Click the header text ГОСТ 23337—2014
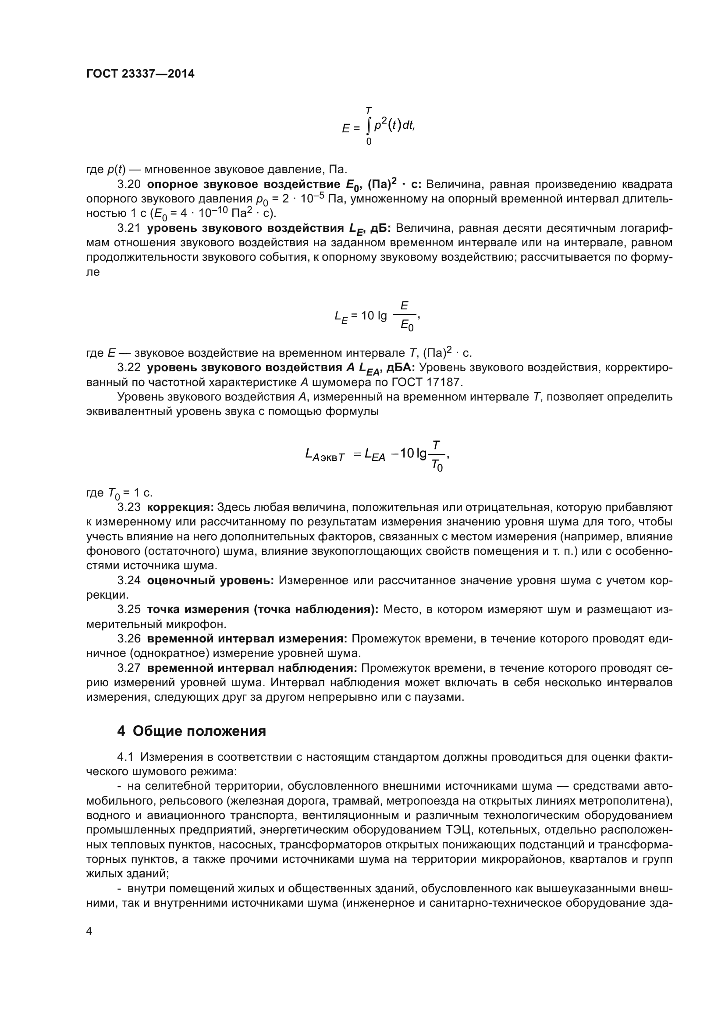pos(140,74)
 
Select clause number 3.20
pos(128,185)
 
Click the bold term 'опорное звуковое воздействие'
pos(243,185)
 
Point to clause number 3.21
pos(128,229)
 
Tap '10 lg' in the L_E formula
pos(374,316)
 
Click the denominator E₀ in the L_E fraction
pos(407,326)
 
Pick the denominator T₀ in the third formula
pos(437,466)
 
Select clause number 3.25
pos(128,610)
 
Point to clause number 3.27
pos(128,668)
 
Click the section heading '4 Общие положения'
pos(192,731)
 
